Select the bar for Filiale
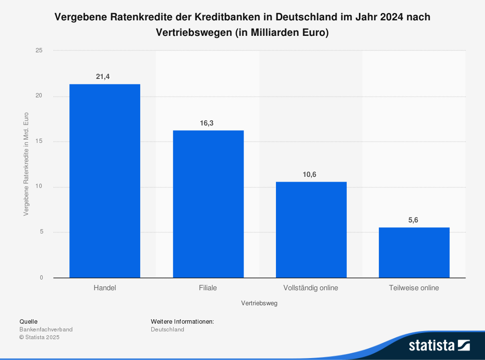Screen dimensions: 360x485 tap(208, 204)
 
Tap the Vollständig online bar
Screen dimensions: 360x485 tap(311, 230)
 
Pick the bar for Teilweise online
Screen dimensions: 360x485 tap(414, 252)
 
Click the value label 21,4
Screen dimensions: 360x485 tap(103, 77)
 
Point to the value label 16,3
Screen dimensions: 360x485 tap(207, 123)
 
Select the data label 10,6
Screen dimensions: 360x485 tap(309, 174)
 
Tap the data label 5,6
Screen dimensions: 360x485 tap(413, 220)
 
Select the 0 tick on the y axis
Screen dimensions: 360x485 tap(41, 278)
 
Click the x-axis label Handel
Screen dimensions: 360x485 tap(105, 288)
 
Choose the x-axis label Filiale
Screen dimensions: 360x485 tap(208, 288)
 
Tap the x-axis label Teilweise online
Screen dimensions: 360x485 tap(414, 288)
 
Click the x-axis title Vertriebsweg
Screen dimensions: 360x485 tap(259, 303)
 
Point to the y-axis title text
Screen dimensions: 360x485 tap(26, 164)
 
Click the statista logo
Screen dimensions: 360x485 tap(439, 345)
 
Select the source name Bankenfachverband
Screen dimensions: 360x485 tap(46, 329)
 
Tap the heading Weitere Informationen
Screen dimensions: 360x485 tap(182, 321)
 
